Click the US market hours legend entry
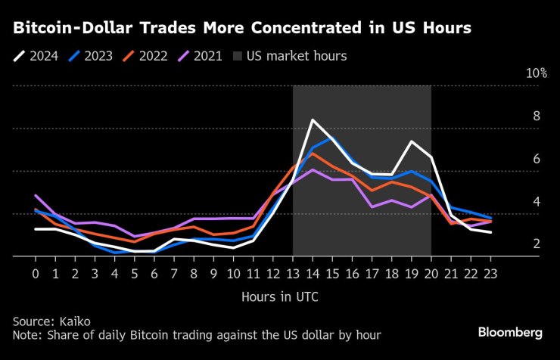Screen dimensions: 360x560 click(x=291, y=56)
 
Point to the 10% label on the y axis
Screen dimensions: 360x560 click(x=536, y=73)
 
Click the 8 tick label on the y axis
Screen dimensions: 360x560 click(x=537, y=116)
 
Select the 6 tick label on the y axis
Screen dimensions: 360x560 click(x=537, y=159)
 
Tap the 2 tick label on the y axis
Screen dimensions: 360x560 click(x=537, y=244)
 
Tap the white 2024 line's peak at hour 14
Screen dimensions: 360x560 click(x=313, y=119)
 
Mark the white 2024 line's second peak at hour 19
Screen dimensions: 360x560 click(x=411, y=141)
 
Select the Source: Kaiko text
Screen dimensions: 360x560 click(x=49, y=321)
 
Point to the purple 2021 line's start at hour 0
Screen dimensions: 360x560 click(x=36, y=196)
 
